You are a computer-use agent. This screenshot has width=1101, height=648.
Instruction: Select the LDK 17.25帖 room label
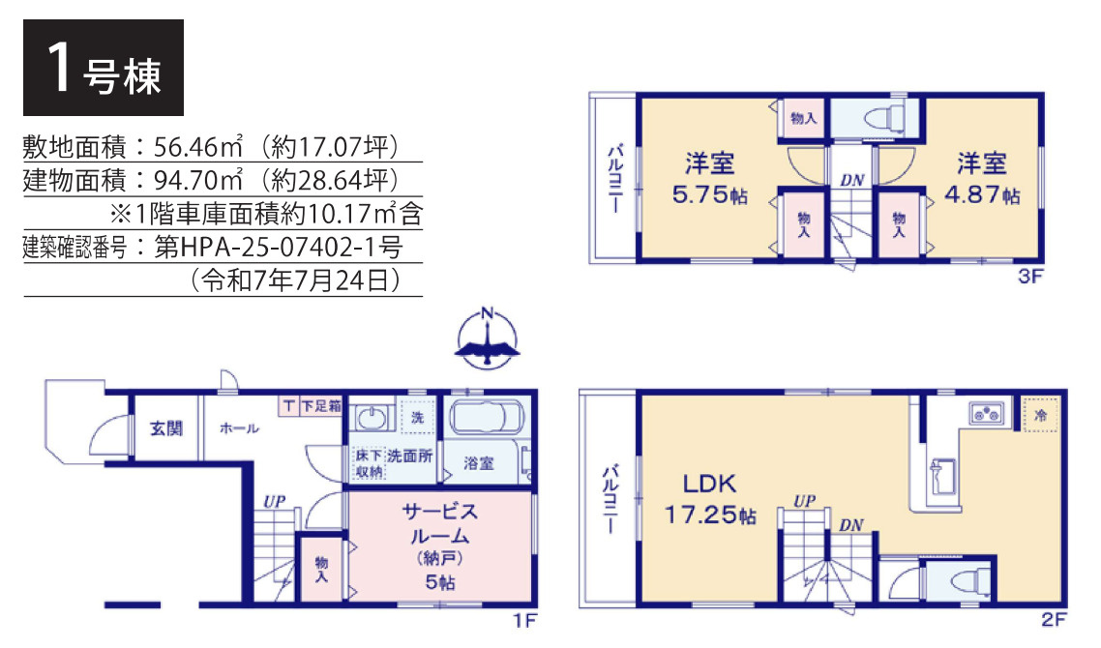pos(710,499)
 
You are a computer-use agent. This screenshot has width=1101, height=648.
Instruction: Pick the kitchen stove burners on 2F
pos(987,414)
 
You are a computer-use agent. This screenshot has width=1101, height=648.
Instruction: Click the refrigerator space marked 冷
pos(1041,413)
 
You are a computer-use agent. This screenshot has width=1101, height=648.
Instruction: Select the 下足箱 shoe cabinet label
pos(320,406)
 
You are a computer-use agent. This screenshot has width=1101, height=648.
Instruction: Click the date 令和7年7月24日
pos(295,280)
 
